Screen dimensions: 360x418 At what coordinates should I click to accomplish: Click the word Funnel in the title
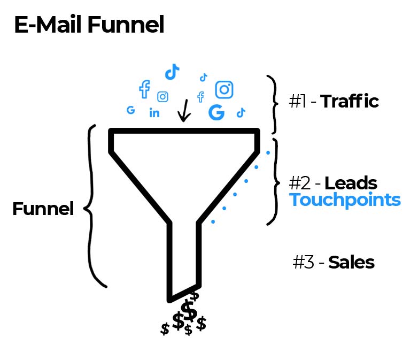(x=130, y=25)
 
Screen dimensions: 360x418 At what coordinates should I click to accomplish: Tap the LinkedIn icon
(x=154, y=113)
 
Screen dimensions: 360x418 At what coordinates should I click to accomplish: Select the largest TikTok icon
(x=172, y=72)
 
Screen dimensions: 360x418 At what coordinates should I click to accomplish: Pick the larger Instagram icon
(x=225, y=89)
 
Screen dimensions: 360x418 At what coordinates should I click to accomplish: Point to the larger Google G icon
(x=216, y=112)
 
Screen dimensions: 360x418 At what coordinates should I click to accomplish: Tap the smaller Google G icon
(x=130, y=110)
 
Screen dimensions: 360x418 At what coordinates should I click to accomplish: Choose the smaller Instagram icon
(x=163, y=97)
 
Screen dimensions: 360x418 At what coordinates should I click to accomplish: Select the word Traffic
(x=350, y=102)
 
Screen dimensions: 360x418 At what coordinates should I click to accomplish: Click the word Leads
(x=351, y=183)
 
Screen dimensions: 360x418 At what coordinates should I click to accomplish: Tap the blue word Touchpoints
(x=345, y=200)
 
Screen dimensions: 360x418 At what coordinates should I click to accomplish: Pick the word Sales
(x=351, y=263)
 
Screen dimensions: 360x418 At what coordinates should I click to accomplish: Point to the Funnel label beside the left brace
(x=43, y=209)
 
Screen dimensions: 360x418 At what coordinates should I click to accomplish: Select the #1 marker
(x=299, y=102)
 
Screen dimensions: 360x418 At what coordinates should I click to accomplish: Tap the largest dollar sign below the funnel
(x=189, y=311)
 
